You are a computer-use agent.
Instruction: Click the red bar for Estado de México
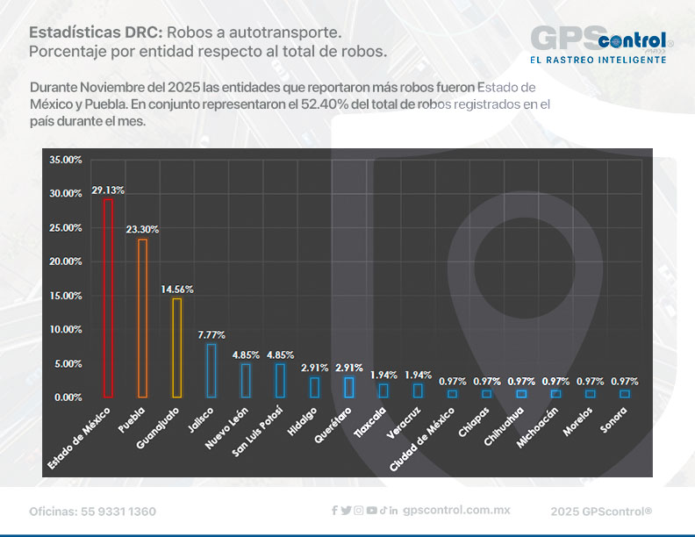point(108,297)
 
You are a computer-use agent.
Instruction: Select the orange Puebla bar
point(142,318)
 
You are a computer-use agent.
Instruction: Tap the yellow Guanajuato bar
point(176,347)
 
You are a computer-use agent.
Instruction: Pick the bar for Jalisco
point(211,370)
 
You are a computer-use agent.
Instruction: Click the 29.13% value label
point(107,190)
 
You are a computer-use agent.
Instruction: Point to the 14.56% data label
point(176,290)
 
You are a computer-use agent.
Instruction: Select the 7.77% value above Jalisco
point(211,335)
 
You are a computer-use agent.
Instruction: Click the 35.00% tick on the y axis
point(66,160)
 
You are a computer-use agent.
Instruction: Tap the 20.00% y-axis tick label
point(66,261)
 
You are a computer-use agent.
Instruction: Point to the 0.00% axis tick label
point(68,397)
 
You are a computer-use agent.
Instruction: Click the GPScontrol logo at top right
point(602,40)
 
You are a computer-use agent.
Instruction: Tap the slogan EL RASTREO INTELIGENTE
point(598,60)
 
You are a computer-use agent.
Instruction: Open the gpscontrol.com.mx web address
point(456,510)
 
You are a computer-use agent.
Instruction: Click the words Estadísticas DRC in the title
point(95,32)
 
